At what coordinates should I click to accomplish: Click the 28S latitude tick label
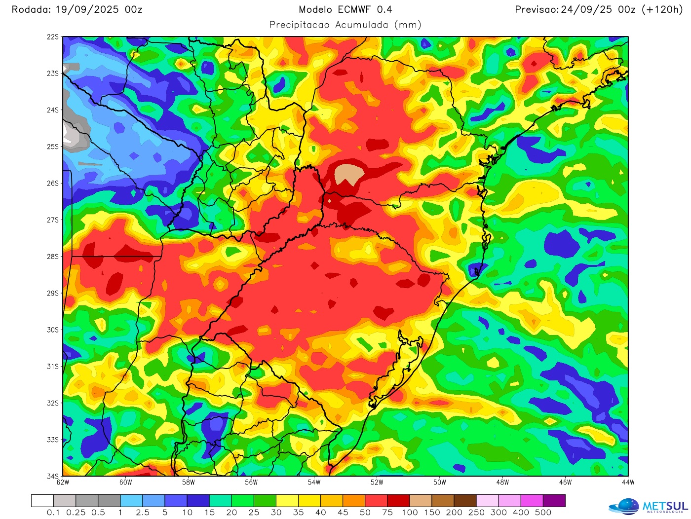53,257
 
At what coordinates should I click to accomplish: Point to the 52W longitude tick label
377,482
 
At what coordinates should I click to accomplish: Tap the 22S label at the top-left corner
53,37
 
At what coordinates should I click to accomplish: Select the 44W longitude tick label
628,482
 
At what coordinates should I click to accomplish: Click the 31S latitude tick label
53,367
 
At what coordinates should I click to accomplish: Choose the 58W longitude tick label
188,482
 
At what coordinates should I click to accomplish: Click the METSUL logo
649,507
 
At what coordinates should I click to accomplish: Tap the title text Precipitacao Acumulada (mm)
345,25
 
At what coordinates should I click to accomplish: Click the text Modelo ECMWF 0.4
345,9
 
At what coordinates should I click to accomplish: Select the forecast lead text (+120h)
661,9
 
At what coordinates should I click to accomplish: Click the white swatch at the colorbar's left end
42,501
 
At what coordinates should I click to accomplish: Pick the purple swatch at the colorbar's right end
554,501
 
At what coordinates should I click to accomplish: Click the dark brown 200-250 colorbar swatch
465,501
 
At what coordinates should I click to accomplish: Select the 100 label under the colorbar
410,513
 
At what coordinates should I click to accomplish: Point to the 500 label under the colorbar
543,513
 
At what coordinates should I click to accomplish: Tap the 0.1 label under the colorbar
53,513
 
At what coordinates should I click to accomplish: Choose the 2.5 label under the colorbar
143,513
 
